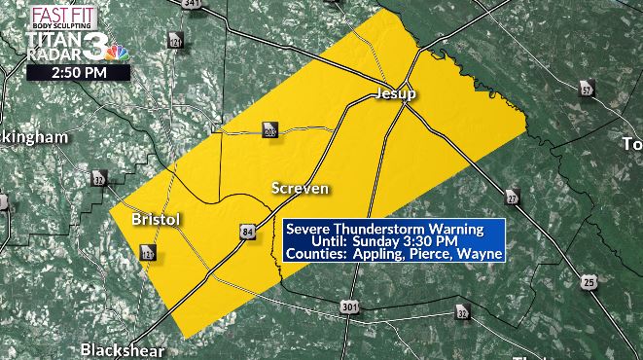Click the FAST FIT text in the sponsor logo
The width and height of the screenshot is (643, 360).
(x=57, y=14)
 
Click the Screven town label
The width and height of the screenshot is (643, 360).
(x=300, y=187)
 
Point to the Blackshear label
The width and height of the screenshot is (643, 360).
(x=123, y=349)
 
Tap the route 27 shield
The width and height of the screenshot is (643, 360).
(x=514, y=196)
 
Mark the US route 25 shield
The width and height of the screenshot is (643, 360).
(x=589, y=283)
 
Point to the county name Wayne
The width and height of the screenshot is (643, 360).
(x=482, y=254)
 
